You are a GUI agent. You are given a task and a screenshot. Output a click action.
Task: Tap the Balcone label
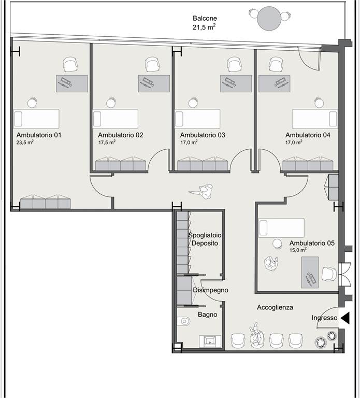[x=205, y=18]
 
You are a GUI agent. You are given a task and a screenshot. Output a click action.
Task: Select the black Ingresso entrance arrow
[x=345, y=318]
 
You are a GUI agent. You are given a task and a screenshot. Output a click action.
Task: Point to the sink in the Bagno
[x=210, y=342]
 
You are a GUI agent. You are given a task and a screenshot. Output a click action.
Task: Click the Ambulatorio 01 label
[x=39, y=135]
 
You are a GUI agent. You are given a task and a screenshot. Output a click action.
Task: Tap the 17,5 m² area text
[x=107, y=143]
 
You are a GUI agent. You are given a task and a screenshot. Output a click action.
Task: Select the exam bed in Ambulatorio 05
[x=281, y=228]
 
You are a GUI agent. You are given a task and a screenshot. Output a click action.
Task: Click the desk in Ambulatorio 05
[x=310, y=272]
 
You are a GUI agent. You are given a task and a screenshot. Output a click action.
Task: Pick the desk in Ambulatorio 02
[x=154, y=83]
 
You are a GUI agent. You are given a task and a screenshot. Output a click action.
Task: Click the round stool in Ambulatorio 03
[x=193, y=103]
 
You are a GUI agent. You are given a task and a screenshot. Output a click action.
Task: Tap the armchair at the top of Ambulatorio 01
[x=70, y=64]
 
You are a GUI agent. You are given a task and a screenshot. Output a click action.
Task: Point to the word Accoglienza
[x=275, y=307]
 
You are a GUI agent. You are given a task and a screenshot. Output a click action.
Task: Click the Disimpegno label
[x=211, y=290]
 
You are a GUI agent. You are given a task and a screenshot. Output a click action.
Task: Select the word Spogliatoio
[x=205, y=235]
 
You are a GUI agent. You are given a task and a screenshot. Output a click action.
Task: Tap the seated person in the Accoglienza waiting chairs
[x=256, y=335]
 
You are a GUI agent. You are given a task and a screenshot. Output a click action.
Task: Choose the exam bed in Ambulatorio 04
[x=315, y=119]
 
